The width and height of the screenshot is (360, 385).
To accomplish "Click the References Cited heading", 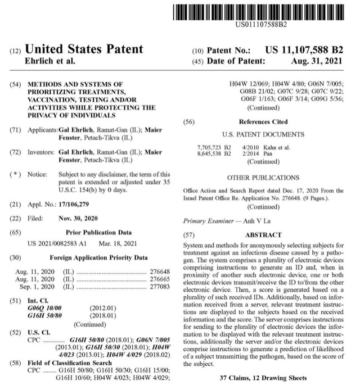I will click(263, 121).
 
